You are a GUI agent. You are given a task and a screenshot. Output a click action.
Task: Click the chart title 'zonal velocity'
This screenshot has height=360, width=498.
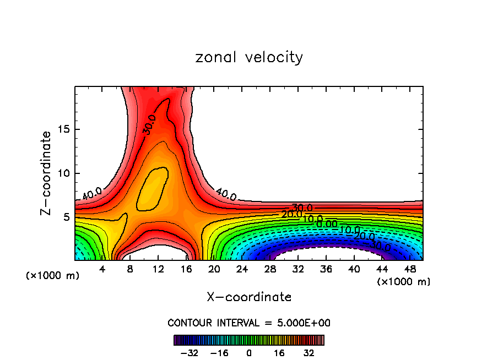point(249,57)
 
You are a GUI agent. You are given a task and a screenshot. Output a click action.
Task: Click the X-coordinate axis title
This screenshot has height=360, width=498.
point(249,297)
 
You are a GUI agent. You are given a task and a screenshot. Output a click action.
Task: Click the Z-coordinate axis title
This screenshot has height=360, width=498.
point(48,173)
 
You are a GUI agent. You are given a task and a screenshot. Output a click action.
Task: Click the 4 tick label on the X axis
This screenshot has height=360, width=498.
point(102,270)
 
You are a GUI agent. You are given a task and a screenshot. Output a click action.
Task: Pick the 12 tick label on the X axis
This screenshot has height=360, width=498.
point(158,270)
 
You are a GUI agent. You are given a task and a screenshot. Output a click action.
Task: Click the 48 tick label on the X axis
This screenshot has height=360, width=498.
point(410,270)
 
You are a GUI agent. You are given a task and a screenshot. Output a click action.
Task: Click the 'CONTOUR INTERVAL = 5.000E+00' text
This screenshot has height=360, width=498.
point(249,323)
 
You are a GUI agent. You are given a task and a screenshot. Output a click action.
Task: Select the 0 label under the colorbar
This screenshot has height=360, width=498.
point(249,352)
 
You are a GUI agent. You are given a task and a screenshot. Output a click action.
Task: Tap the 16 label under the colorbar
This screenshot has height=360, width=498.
point(279,352)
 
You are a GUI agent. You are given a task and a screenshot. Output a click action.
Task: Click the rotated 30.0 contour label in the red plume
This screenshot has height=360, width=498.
point(149,125)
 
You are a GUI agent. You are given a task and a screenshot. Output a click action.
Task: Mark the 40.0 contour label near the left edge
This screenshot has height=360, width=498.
point(91,194)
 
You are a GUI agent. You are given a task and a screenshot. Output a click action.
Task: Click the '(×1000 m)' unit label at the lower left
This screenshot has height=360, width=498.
point(53,276)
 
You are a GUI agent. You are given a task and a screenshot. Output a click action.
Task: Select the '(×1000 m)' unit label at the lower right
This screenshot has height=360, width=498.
point(403,282)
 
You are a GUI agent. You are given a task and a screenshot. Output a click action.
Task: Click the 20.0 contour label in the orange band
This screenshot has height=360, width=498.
point(291,214)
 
